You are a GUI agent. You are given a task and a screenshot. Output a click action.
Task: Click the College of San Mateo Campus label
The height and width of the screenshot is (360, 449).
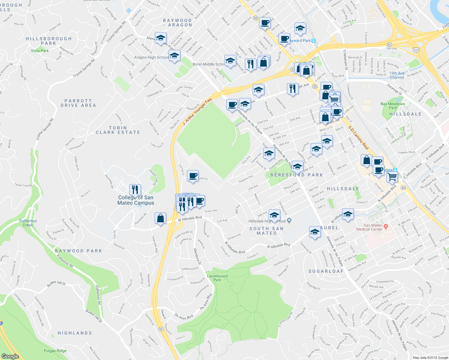point(136,200)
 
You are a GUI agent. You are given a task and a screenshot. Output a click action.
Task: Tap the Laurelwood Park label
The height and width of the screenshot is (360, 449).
point(217,278)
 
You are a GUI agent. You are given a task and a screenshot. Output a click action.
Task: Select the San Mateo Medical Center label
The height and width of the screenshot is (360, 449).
point(369,227)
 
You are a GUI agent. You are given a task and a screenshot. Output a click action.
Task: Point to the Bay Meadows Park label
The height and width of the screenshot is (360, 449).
point(393,106)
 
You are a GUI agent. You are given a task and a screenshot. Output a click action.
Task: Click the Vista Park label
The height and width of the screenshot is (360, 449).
point(40,51)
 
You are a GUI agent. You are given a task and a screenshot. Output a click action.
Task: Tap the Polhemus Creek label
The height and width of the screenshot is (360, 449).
point(28,223)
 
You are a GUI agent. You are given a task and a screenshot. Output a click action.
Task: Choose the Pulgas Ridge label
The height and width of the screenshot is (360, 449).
point(55,351)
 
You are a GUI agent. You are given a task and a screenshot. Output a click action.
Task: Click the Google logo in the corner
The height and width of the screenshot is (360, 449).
point(10,356)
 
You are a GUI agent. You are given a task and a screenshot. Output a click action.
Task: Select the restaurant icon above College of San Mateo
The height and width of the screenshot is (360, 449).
point(135,190)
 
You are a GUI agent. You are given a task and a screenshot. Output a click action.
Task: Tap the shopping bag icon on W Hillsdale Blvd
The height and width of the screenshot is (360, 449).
point(161,218)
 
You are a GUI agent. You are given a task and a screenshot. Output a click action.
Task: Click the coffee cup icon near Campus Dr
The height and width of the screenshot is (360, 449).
point(193,175)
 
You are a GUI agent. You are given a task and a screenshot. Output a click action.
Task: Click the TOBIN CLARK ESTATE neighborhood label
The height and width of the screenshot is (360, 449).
point(118,130)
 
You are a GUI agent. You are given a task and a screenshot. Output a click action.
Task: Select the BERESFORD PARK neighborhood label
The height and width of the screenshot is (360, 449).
point(297,175)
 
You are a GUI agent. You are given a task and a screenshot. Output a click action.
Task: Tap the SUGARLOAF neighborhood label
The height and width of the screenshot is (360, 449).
point(326,271)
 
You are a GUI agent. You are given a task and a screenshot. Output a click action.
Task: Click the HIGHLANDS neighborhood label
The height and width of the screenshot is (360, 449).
point(75,333)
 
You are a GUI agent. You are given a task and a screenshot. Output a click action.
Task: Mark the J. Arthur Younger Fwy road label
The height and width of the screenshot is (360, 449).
point(197,111)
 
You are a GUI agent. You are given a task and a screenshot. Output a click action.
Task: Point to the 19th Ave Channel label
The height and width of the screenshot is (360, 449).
point(397,75)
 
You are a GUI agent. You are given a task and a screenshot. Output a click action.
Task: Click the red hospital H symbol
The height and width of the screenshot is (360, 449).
point(386,226)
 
